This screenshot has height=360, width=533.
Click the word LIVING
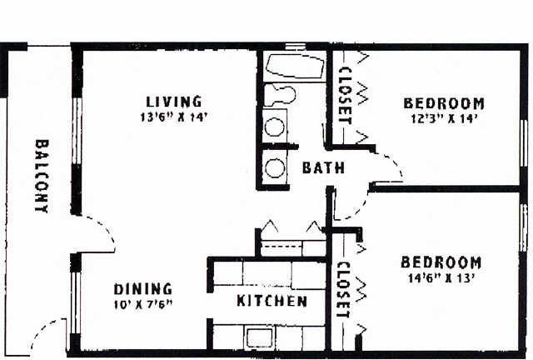coord(174,102)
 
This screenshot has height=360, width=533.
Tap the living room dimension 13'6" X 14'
coord(174,117)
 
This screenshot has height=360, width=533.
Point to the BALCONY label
coord(42,177)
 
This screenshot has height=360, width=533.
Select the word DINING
coord(142,289)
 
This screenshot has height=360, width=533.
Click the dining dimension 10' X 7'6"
coord(143,304)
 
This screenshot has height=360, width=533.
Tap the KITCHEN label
coord(271,301)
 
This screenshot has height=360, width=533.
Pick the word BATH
coord(323,167)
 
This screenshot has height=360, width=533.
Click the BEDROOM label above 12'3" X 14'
coord(444,103)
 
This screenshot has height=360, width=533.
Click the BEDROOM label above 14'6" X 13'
coord(441,262)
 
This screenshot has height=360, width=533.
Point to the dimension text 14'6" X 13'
coord(441,278)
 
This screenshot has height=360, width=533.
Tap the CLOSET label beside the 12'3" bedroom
coord(346,96)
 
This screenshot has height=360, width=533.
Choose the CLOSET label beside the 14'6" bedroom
coord(343,289)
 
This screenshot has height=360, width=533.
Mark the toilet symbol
coord(280,95)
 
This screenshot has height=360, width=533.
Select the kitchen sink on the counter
coord(260,337)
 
